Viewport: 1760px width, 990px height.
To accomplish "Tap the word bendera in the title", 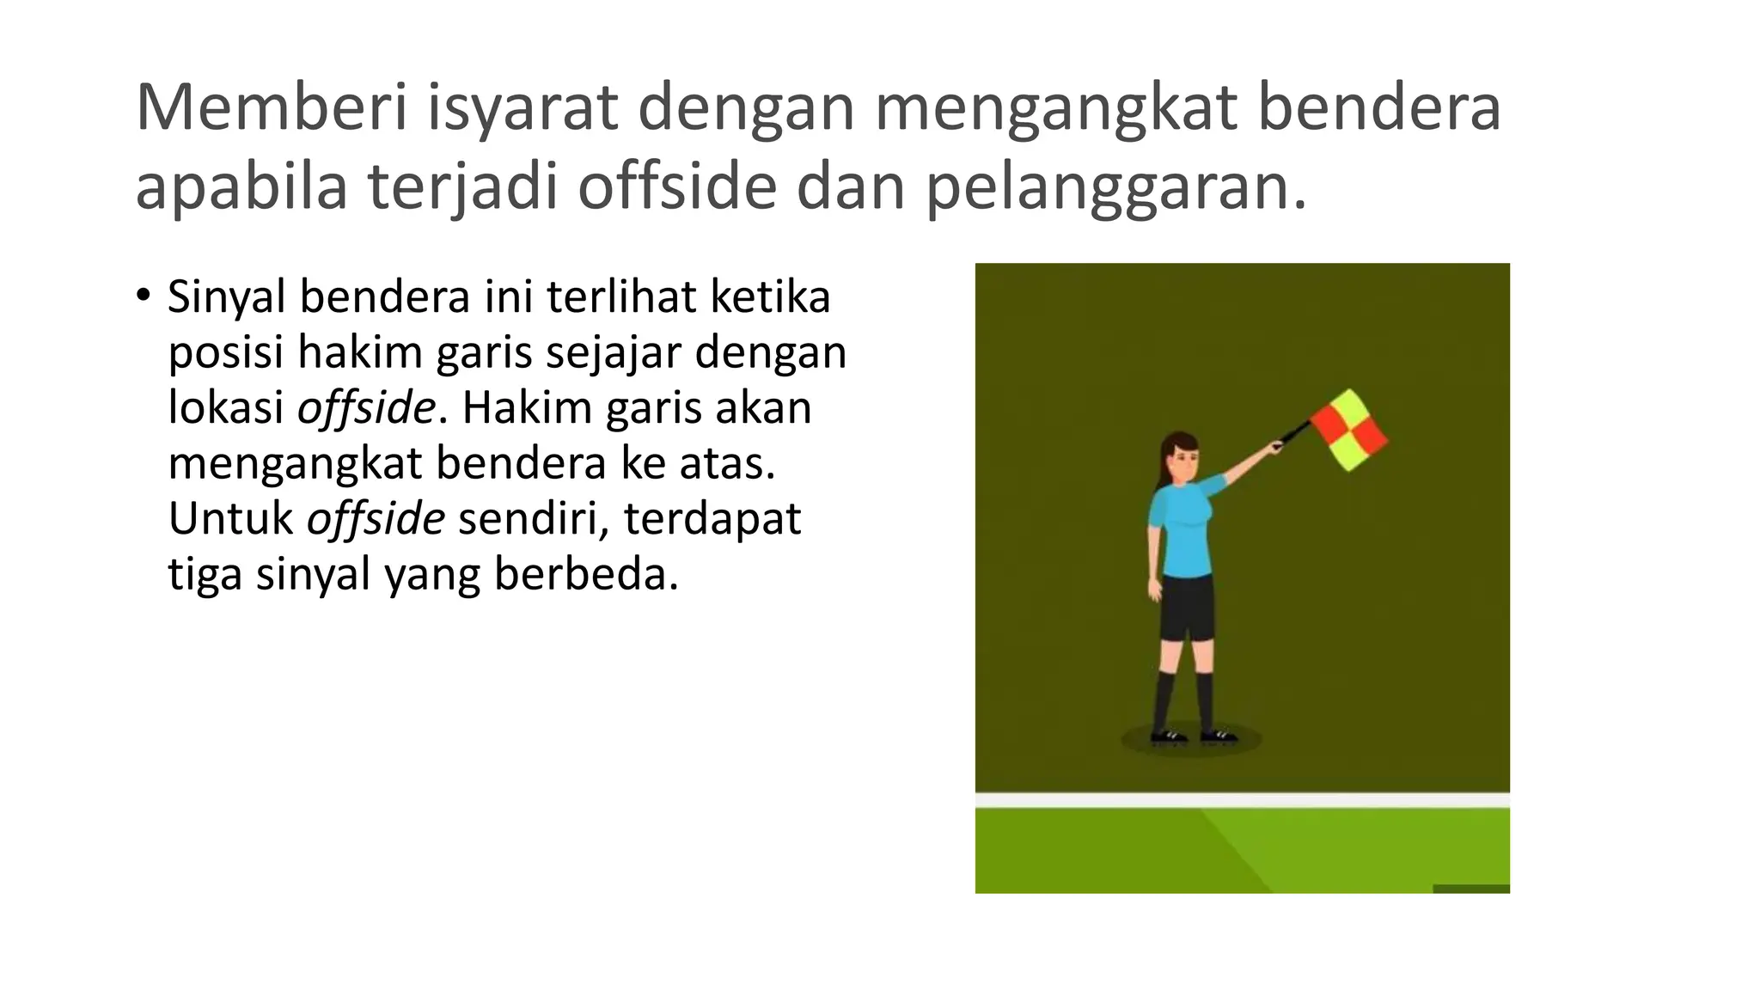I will [1378, 107].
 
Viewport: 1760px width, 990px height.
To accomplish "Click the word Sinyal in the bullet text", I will [226, 298].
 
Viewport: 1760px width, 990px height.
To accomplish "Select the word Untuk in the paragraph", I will [230, 518].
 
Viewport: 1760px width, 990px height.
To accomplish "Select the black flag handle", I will [1293, 433].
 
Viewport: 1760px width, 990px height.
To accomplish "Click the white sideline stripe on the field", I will [1242, 800].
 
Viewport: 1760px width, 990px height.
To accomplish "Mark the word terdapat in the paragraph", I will [712, 518].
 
